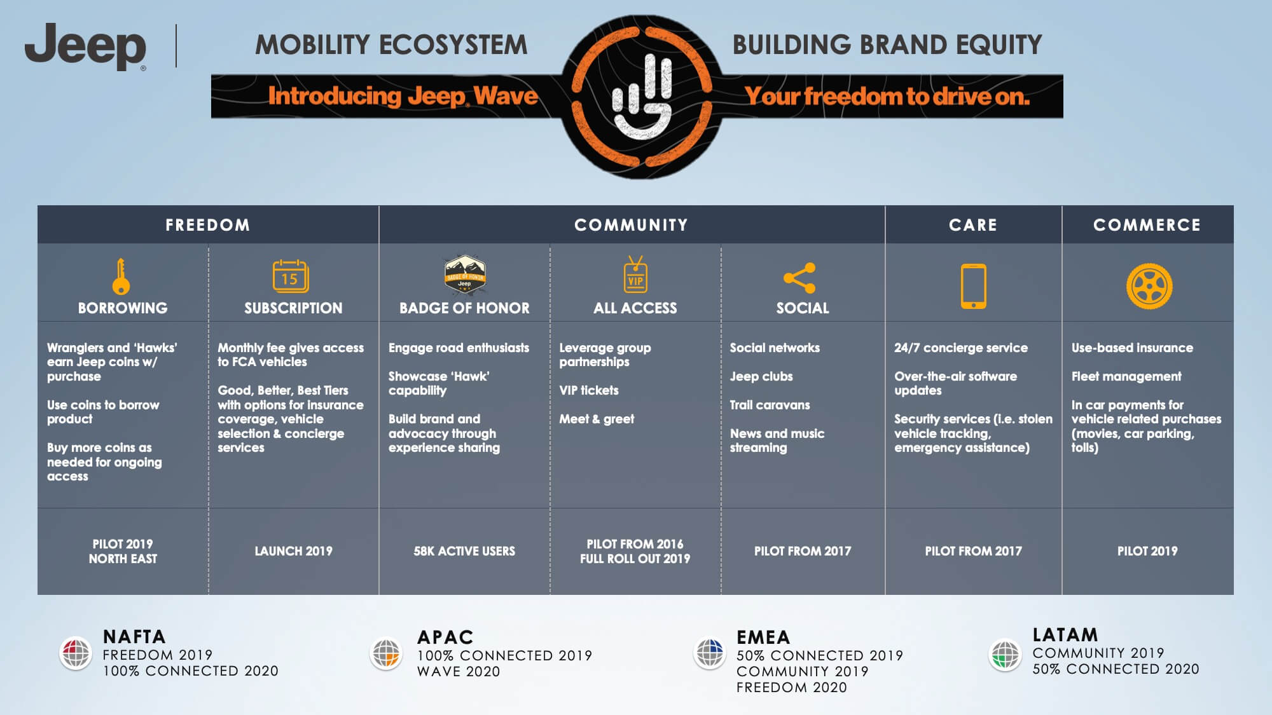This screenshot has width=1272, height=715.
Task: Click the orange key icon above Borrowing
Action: coord(121,276)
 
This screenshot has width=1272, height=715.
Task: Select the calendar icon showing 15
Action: coord(291,276)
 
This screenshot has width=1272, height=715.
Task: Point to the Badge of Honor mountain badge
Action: coord(465,275)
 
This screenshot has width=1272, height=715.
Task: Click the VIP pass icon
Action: coord(635,275)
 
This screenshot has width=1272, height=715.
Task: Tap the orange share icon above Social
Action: coord(799,278)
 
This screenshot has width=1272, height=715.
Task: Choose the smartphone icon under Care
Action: coord(973,286)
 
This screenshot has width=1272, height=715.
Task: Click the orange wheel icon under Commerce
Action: coord(1149,286)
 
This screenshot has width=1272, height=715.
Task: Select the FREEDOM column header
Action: coord(207,225)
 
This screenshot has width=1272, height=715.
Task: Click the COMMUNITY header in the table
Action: coord(631,225)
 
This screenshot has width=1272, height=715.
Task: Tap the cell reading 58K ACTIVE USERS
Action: coord(464,551)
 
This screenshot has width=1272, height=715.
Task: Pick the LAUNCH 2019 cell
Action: coord(293,551)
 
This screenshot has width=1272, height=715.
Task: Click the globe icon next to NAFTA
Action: coord(76,653)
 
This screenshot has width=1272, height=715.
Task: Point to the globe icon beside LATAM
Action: coord(1006,655)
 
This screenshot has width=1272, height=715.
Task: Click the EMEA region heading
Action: coord(763,637)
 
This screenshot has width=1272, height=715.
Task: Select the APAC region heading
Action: coord(445,637)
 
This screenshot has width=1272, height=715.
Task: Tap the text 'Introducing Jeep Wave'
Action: coord(403,96)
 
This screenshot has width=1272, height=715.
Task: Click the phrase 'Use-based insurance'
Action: coord(1132,348)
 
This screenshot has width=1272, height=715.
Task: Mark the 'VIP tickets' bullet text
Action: coord(589,390)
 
